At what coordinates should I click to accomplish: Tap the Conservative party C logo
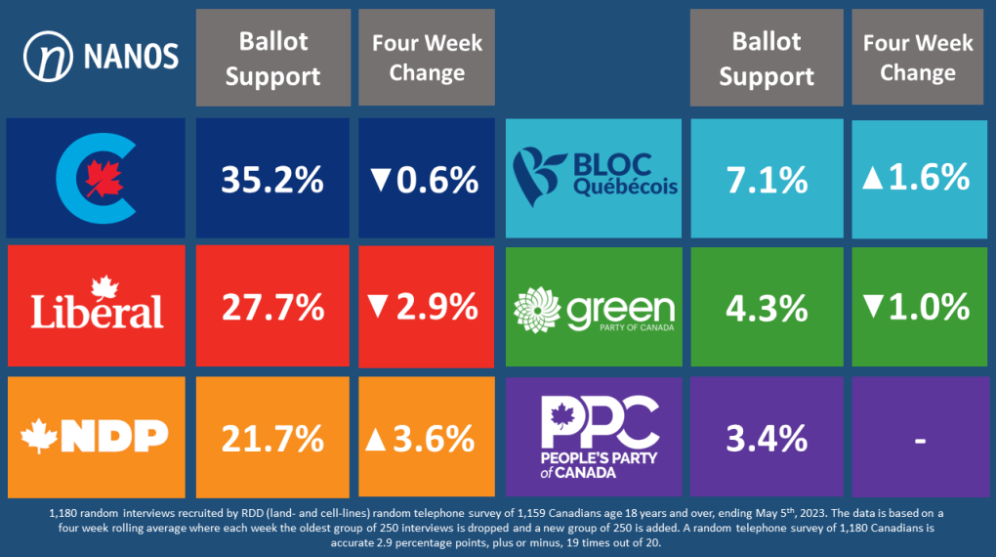[x=95, y=179]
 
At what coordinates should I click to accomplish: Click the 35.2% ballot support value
[x=271, y=180]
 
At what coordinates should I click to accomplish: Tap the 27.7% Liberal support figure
[x=271, y=308]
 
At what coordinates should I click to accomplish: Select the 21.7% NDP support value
[x=271, y=437]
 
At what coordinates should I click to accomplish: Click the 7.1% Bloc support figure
[x=767, y=180]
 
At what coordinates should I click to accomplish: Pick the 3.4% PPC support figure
[x=767, y=437]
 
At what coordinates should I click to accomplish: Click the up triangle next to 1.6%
[x=874, y=177]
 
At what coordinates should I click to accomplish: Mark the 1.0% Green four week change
[x=929, y=307]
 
